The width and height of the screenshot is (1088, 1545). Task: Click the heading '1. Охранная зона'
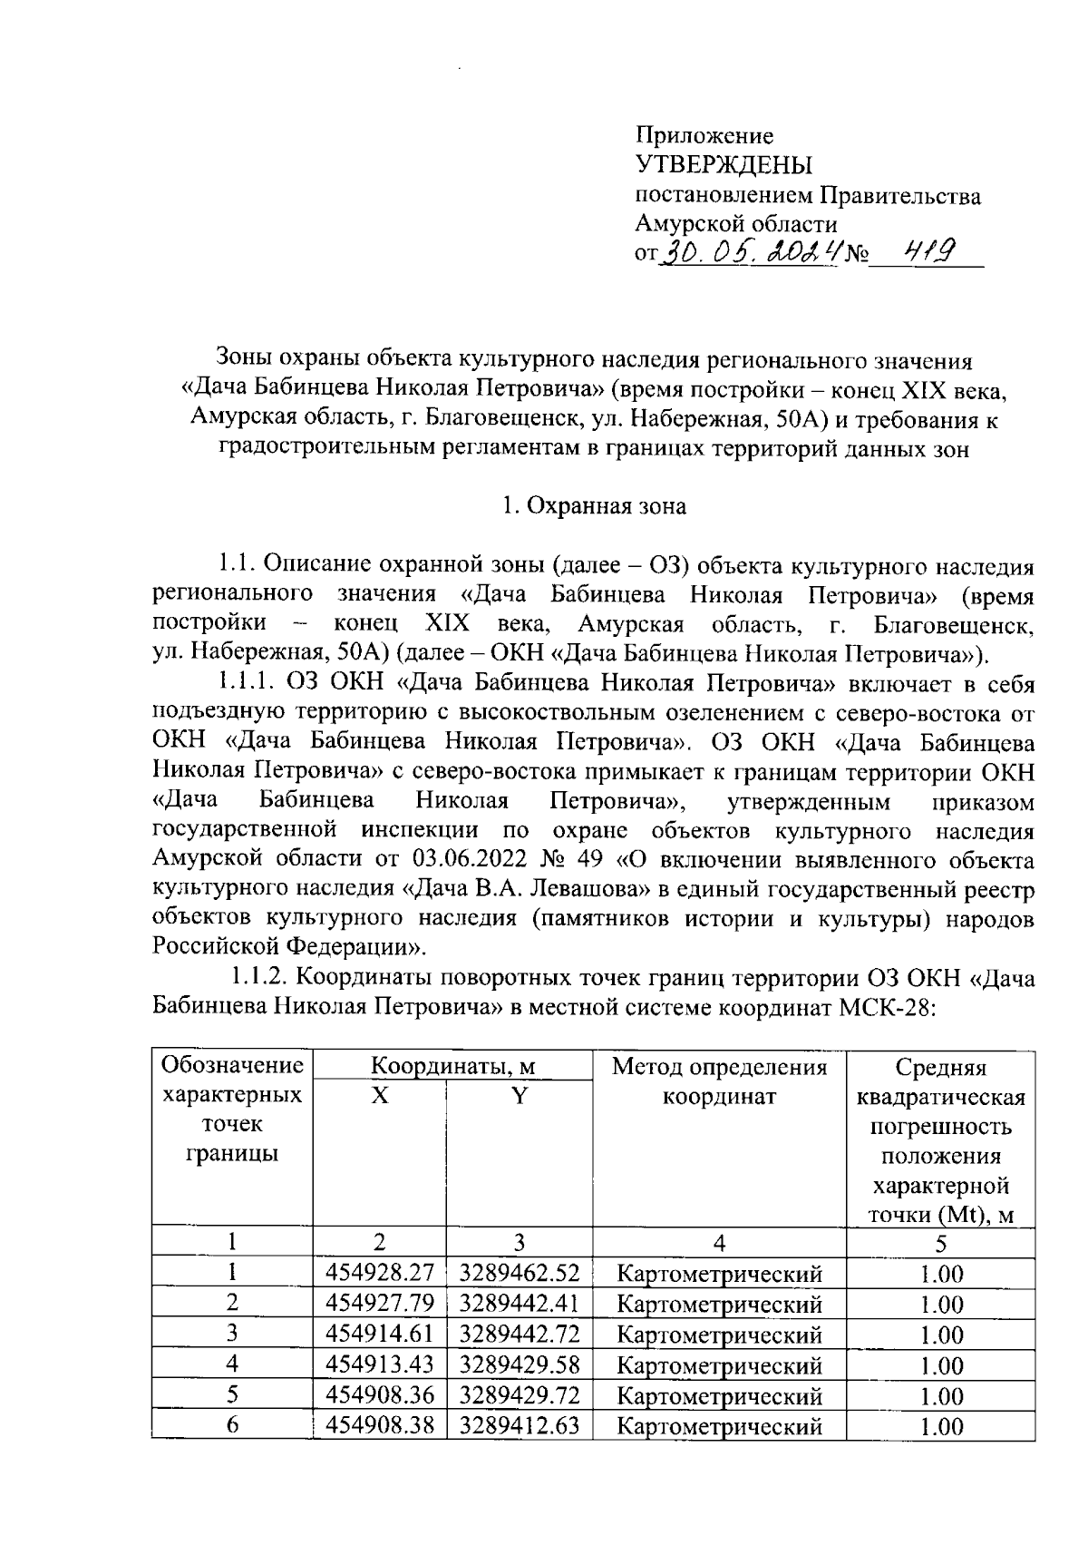click(x=594, y=506)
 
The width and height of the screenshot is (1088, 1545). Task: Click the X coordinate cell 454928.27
click(x=380, y=1274)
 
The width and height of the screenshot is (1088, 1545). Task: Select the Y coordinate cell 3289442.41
click(x=520, y=1304)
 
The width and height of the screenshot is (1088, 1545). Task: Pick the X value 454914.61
click(x=380, y=1334)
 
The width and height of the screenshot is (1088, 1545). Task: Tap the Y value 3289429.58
click(x=520, y=1364)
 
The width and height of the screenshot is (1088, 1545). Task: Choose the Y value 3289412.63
click(x=520, y=1424)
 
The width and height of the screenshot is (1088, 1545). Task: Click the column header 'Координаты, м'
click(x=453, y=1066)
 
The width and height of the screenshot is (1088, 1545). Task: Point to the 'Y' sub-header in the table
click(x=519, y=1096)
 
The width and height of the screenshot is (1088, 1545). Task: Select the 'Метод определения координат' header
click(x=720, y=1081)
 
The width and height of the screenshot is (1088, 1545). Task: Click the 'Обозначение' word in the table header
click(x=231, y=1065)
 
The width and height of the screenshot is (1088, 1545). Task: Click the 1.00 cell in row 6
click(x=941, y=1424)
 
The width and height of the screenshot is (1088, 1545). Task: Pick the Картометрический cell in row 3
click(x=720, y=1334)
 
